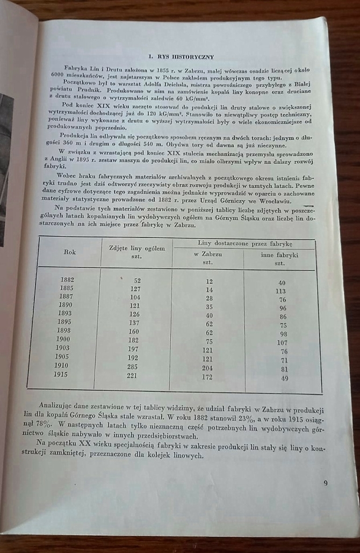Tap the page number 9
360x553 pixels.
click(x=326, y=483)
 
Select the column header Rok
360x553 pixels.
click(x=70, y=252)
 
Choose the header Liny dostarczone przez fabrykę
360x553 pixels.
click(x=245, y=243)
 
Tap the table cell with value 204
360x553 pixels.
click(x=207, y=368)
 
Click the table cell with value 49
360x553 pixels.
click(x=284, y=379)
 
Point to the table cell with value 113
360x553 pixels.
click(x=281, y=291)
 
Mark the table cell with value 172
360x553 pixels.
click(x=207, y=377)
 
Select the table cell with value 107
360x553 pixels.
click(x=283, y=342)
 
